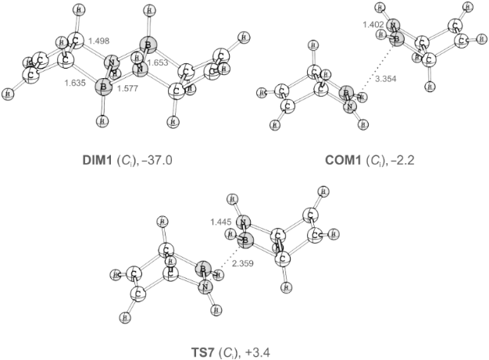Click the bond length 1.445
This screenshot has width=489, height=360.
pyautogui.click(x=222, y=224)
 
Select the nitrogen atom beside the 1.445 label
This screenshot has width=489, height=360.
pyautogui.click(x=243, y=223)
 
